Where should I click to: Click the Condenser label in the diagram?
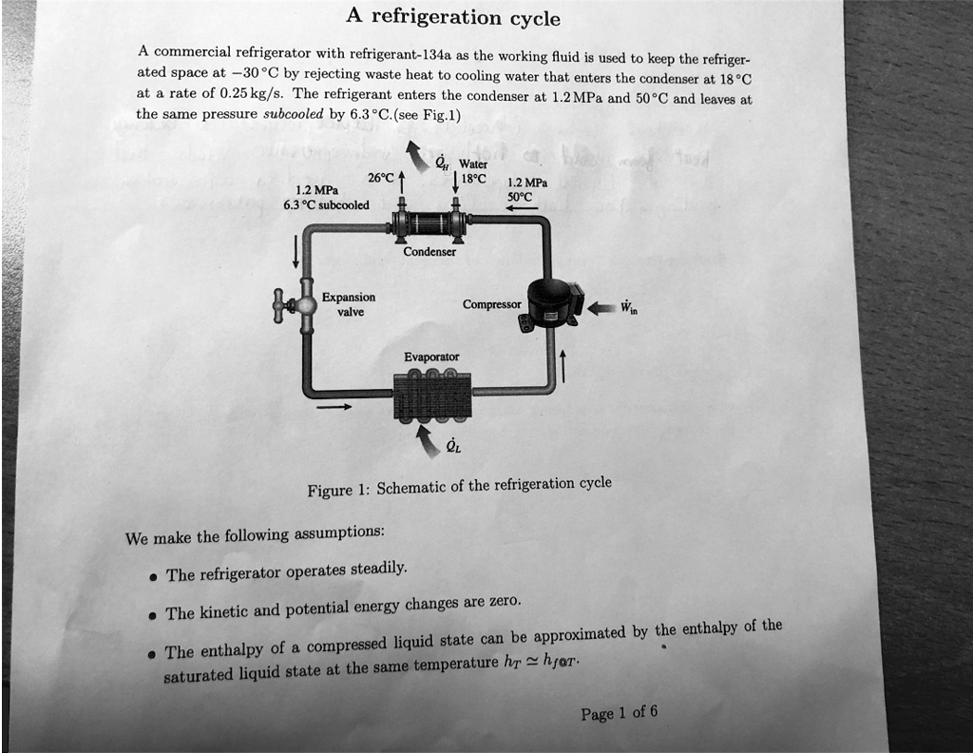coord(430,252)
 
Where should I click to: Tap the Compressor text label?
coord(491,304)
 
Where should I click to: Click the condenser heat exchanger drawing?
coord(430,224)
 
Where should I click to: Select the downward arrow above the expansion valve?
coord(296,250)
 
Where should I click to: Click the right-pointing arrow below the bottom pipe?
coord(334,407)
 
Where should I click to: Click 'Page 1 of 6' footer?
coord(619,713)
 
